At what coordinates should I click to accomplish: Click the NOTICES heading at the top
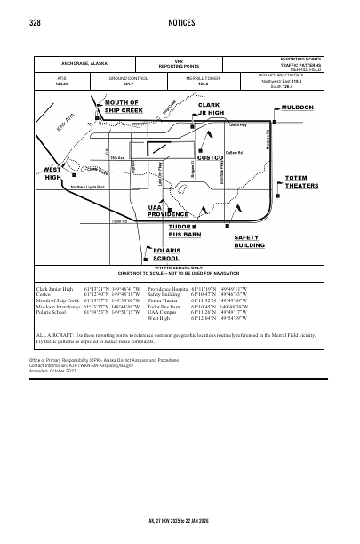point(180,21)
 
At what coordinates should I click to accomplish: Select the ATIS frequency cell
point(61,82)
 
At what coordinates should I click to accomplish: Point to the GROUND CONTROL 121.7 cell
point(128,82)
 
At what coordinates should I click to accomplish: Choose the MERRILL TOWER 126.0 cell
point(210,82)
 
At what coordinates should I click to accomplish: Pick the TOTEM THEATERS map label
point(301,182)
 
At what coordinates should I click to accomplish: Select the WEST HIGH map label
point(52,172)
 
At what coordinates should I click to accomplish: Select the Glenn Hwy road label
point(237,127)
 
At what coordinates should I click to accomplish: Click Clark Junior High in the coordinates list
point(56,289)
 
